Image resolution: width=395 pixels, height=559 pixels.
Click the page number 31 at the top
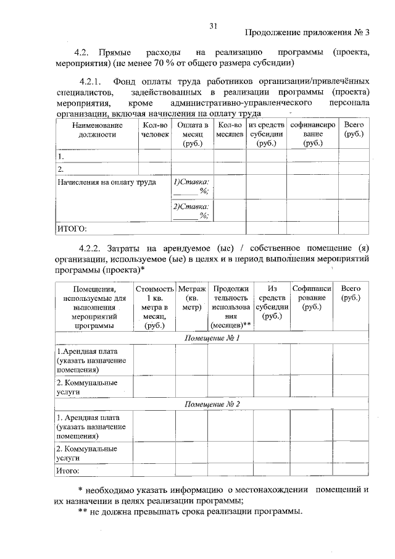[x=214, y=25]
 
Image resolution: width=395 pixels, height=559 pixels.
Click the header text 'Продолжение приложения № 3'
[x=304, y=33]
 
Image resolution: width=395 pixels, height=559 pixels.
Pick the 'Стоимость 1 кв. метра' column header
[x=154, y=306]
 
